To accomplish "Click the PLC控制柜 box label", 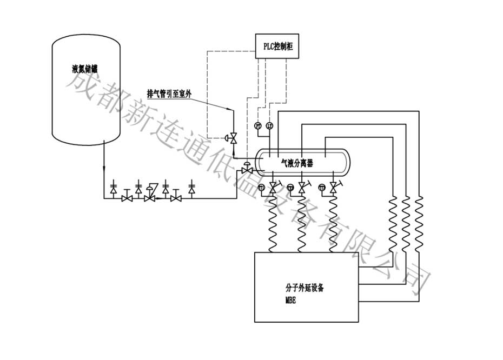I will (276, 47).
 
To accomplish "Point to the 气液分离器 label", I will (296, 161).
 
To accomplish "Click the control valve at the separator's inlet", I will (246, 169).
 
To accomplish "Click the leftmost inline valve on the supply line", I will (127, 198).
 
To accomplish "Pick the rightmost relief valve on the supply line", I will (191, 188).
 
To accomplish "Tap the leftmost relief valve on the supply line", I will (114, 188).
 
